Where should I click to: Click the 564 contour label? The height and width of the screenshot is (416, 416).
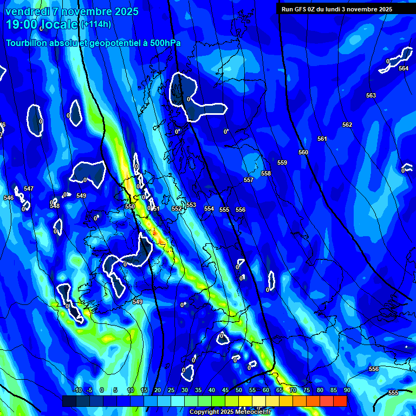[x=404, y=68]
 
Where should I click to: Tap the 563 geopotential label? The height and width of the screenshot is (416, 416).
[x=370, y=95]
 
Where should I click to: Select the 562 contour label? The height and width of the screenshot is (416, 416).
[x=347, y=125]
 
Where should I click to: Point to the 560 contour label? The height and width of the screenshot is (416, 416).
[x=303, y=152]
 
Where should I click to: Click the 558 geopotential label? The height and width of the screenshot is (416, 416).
[x=266, y=173]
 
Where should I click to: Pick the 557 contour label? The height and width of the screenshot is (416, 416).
[x=249, y=180]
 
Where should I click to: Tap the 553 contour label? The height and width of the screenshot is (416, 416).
[x=191, y=205]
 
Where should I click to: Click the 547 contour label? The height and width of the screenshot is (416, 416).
[x=29, y=188]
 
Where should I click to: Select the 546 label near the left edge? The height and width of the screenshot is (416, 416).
[x=9, y=198]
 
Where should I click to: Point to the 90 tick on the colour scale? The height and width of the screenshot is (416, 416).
[x=347, y=390]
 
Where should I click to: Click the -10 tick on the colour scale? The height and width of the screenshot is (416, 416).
[x=77, y=390]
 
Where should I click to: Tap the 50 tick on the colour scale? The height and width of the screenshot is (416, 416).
[x=239, y=390]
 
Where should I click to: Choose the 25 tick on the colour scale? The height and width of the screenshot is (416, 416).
[x=171, y=390]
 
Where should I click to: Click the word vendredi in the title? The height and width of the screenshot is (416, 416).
[x=28, y=11]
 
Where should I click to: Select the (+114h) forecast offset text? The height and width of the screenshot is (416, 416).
[x=96, y=24]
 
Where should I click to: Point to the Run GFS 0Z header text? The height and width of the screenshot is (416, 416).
[x=303, y=9]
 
